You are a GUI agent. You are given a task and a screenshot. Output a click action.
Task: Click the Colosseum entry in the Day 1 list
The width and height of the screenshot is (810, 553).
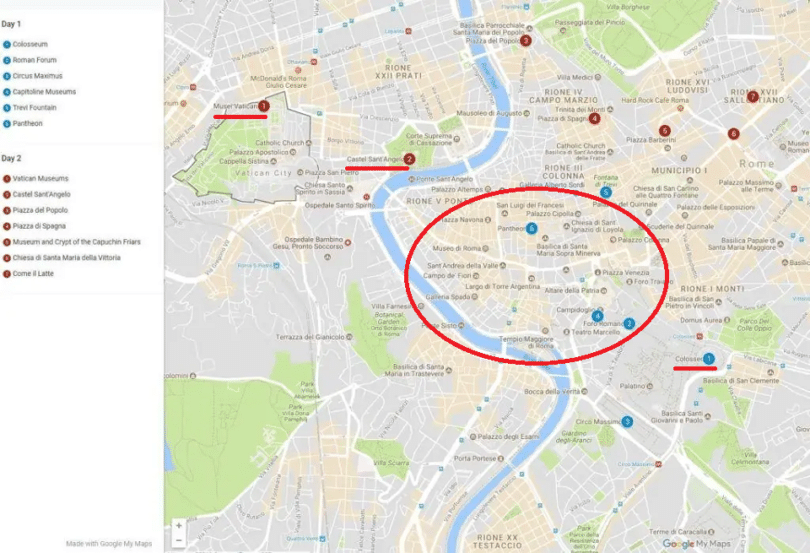click(x=30, y=44)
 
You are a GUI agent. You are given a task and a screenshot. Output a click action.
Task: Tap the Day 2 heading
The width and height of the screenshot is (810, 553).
click(x=12, y=158)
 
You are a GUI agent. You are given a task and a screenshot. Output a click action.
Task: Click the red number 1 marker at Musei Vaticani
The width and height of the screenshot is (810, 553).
click(x=264, y=105)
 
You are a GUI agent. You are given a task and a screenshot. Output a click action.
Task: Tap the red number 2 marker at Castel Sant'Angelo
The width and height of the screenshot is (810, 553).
click(x=409, y=159)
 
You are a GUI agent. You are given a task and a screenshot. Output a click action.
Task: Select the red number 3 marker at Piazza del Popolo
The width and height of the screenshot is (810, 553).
click(x=525, y=41)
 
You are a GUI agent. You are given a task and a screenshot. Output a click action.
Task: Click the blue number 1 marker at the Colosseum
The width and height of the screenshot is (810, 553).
click(x=709, y=358)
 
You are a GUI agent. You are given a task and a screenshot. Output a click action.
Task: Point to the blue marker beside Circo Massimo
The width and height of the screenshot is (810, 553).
click(x=627, y=422)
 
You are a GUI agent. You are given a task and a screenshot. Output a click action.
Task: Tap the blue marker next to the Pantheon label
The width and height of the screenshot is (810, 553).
click(x=532, y=228)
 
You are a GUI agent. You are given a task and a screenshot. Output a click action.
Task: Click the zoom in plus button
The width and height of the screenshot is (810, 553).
click(x=179, y=524)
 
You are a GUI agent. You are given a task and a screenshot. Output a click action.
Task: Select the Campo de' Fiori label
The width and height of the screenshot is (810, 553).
click(x=448, y=275)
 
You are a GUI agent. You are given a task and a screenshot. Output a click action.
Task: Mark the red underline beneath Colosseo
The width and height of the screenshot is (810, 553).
click(x=694, y=368)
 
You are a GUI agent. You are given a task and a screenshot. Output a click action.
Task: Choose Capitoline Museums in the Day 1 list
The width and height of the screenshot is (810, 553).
click(x=44, y=92)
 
